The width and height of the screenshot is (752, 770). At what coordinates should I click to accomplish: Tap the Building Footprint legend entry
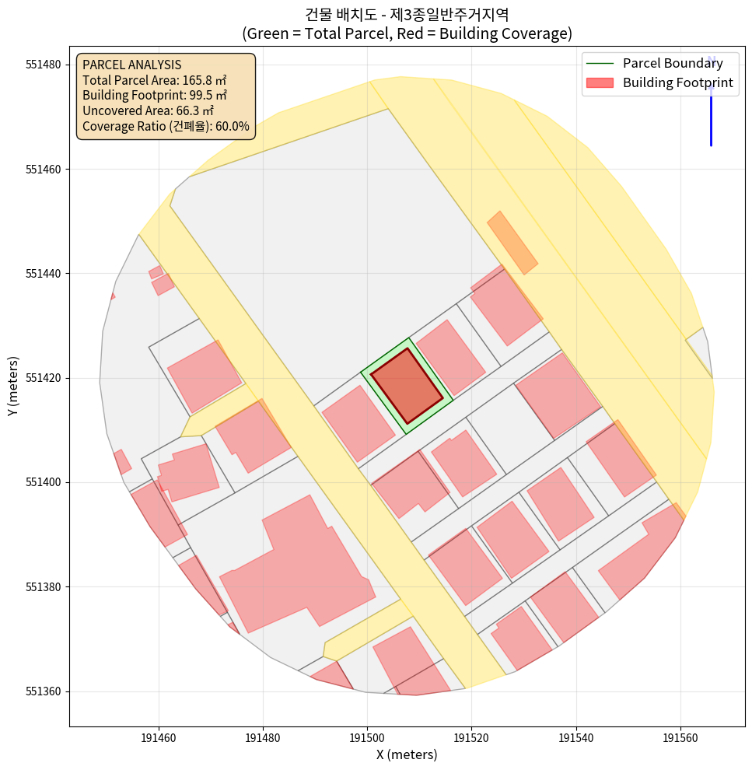pyautogui.click(x=677, y=82)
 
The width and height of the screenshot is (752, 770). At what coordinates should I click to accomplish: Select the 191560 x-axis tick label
pyautogui.click(x=680, y=737)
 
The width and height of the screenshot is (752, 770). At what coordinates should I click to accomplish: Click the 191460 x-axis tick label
pyautogui.click(x=159, y=737)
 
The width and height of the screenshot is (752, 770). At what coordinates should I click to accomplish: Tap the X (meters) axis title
pyautogui.click(x=407, y=754)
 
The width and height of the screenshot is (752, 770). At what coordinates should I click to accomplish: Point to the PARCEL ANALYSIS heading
pyautogui.click(x=131, y=65)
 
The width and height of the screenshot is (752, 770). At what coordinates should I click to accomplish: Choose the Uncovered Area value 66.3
pyautogui.click(x=191, y=110)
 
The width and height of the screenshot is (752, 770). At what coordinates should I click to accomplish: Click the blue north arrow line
pyautogui.click(x=711, y=117)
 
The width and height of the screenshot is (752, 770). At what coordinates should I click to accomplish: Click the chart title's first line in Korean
pyautogui.click(x=407, y=14)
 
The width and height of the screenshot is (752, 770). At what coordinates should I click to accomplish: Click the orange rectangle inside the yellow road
pyautogui.click(x=512, y=243)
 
